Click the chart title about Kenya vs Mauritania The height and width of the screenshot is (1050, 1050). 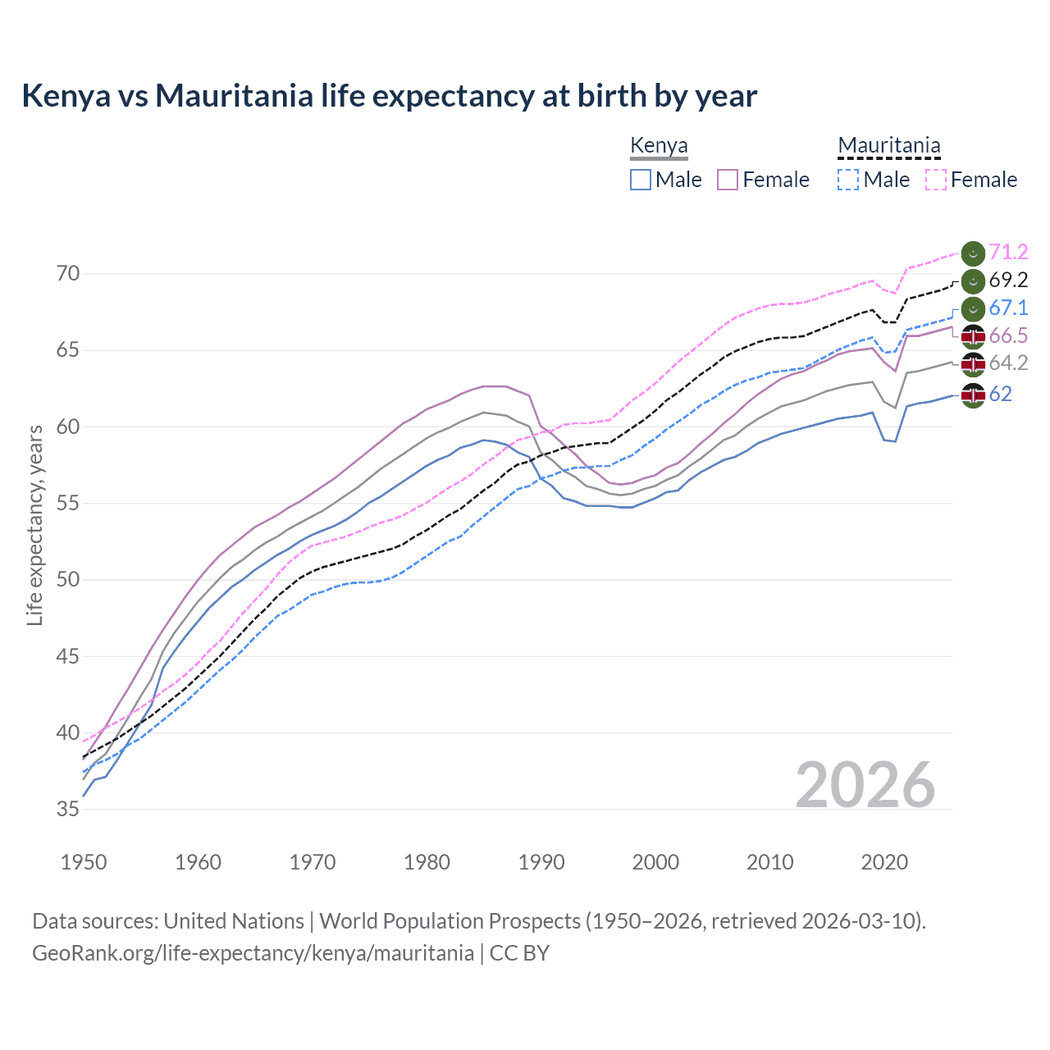(389, 96)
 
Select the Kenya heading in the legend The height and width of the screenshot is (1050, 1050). (659, 146)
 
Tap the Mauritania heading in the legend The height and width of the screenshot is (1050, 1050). (888, 146)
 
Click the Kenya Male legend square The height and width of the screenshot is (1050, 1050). (641, 180)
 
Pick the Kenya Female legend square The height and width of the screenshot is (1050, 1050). (728, 180)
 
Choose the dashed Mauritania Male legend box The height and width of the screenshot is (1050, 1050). (848, 180)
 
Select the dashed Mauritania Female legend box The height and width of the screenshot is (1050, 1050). (935, 180)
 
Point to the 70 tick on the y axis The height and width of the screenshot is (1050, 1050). (68, 273)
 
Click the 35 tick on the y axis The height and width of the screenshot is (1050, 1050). (68, 809)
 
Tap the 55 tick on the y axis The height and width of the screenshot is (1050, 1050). (68, 503)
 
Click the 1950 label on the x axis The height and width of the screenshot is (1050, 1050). (84, 862)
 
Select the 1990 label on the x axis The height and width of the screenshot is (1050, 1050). (541, 862)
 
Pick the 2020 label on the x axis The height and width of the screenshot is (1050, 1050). (884, 862)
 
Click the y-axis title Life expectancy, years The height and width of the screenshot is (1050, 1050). (34, 525)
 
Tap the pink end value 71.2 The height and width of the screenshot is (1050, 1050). (1008, 252)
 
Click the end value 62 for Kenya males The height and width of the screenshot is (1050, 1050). (1000, 395)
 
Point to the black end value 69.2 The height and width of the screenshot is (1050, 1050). (1008, 280)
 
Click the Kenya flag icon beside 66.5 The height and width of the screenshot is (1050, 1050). (972, 336)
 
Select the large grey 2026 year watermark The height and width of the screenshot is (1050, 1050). (865, 785)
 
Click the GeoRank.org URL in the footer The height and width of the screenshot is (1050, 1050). (253, 953)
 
